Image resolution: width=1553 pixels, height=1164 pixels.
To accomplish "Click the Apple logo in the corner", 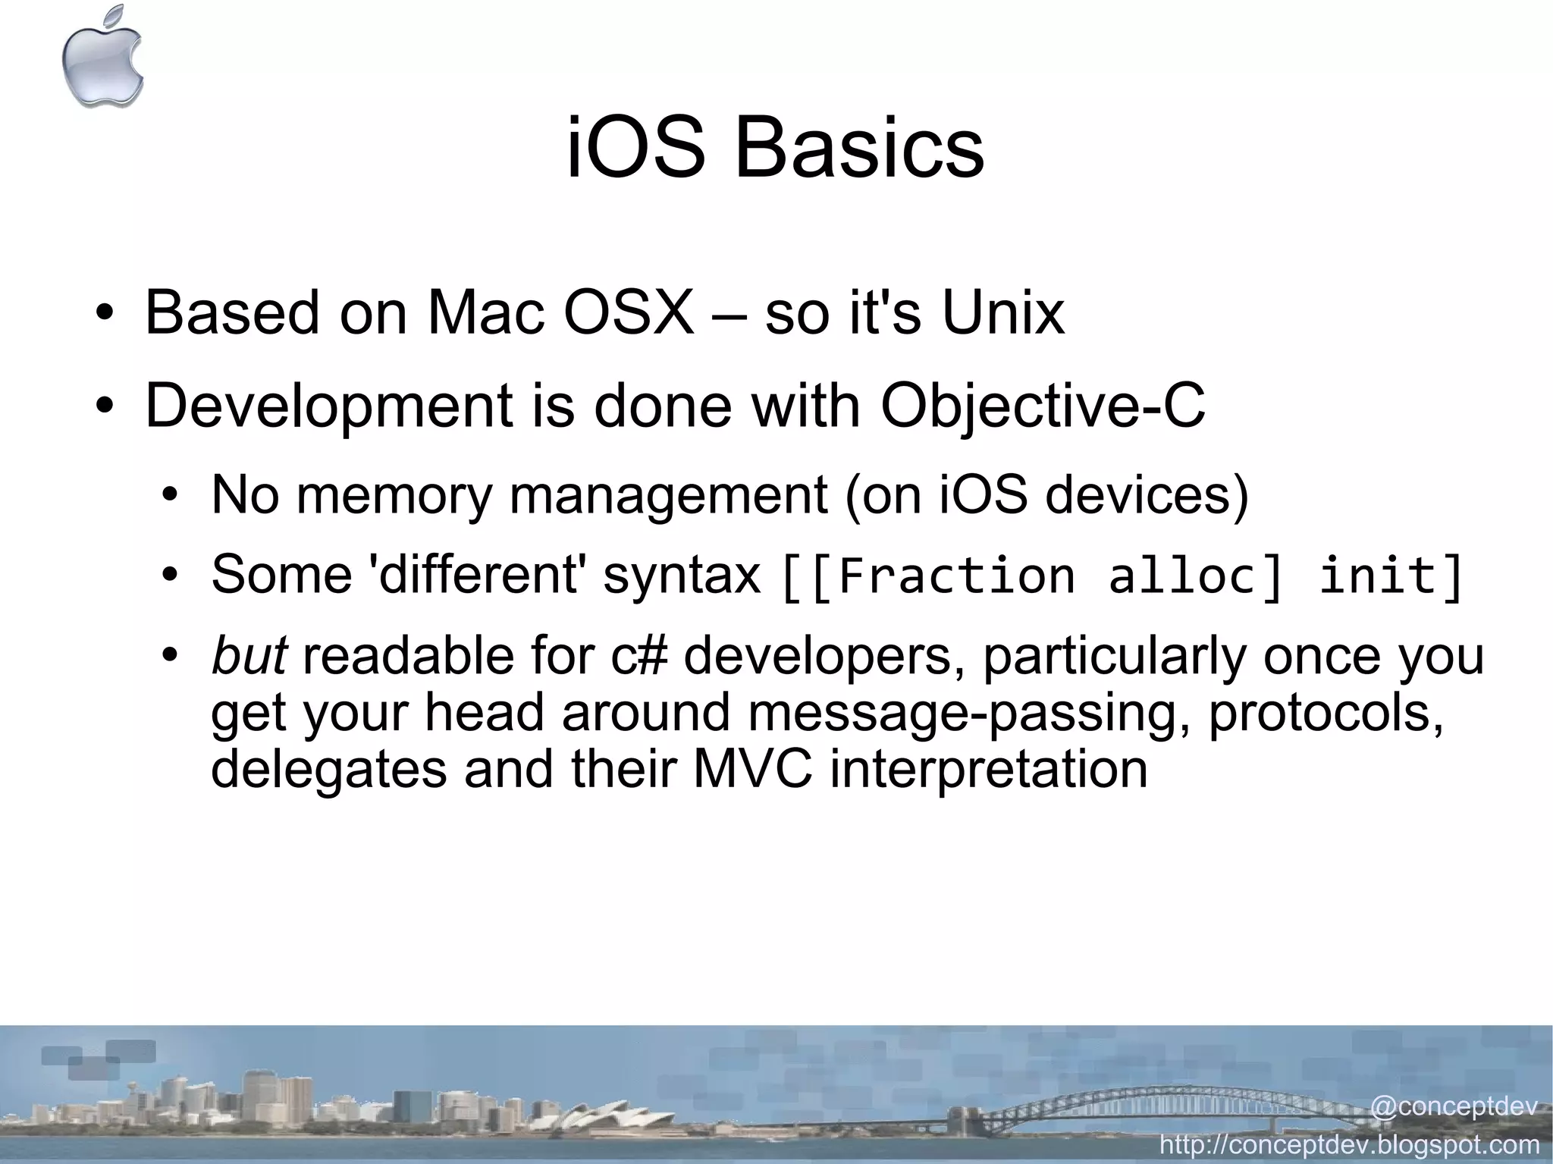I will [102, 57].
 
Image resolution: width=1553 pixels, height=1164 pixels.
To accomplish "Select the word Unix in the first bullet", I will [1002, 312].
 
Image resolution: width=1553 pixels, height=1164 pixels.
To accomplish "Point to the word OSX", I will [627, 312].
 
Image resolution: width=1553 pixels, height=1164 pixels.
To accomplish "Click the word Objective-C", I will [1042, 406].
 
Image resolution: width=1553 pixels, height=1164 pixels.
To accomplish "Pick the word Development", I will [328, 406].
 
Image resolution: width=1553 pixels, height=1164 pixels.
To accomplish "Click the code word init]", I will [1391, 576].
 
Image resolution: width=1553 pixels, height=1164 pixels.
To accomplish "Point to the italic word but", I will [249, 656].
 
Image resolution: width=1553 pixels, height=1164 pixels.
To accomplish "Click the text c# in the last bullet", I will [639, 656].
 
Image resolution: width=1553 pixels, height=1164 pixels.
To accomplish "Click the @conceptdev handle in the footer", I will [1453, 1106].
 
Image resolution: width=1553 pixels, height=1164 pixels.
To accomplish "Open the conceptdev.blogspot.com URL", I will [1350, 1144].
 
